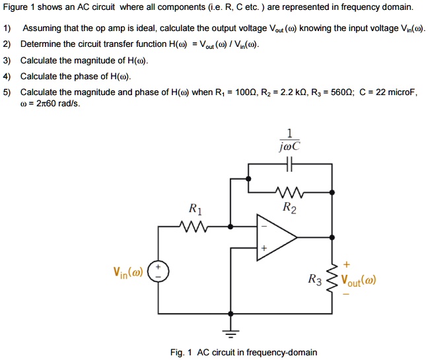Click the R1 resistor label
tap(196, 210)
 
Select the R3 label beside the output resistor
tap(317, 280)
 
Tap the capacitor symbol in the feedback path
tap(289, 165)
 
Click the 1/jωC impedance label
tap(290, 139)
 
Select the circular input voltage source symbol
tap(158, 271)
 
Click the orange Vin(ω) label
tap(126, 271)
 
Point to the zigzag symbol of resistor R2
tap(289, 194)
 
